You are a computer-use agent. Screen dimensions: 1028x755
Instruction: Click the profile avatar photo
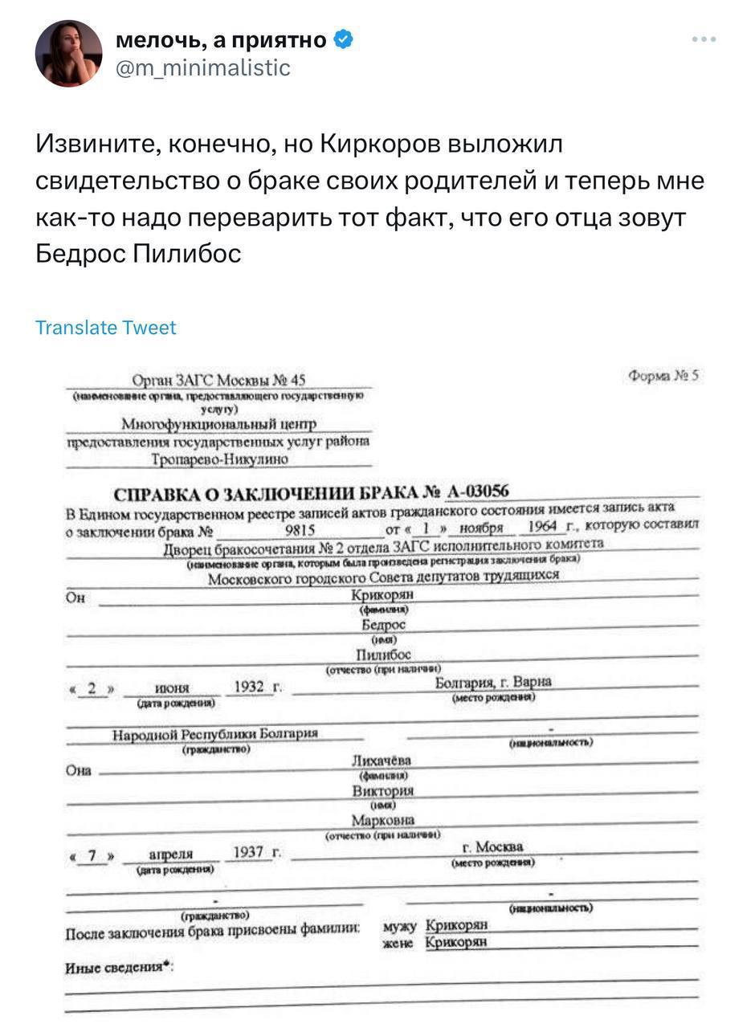pyautogui.click(x=68, y=53)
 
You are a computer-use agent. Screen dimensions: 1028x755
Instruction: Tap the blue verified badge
pyautogui.click(x=342, y=39)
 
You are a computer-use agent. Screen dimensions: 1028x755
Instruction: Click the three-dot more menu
pyautogui.click(x=704, y=39)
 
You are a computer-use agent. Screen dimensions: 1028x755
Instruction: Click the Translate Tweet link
pyautogui.click(x=106, y=328)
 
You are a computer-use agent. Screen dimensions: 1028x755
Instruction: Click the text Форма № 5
pyautogui.click(x=663, y=375)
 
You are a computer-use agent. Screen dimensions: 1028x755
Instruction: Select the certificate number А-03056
pyautogui.click(x=478, y=492)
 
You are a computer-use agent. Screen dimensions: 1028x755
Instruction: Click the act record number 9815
pyautogui.click(x=300, y=531)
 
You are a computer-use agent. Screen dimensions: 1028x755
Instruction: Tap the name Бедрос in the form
pyautogui.click(x=384, y=624)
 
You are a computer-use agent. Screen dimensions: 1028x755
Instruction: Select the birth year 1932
pyautogui.click(x=249, y=687)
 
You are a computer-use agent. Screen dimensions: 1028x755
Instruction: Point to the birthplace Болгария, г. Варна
pyautogui.click(x=493, y=683)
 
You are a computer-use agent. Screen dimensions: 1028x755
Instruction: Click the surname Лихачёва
pyautogui.click(x=382, y=760)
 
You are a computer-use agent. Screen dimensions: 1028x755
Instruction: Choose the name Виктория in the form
pyautogui.click(x=382, y=790)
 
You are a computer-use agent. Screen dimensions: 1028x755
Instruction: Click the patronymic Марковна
pyautogui.click(x=383, y=820)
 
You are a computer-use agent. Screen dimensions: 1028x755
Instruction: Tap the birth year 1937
pyautogui.click(x=248, y=851)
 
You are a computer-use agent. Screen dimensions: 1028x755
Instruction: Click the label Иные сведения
pyautogui.click(x=119, y=968)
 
